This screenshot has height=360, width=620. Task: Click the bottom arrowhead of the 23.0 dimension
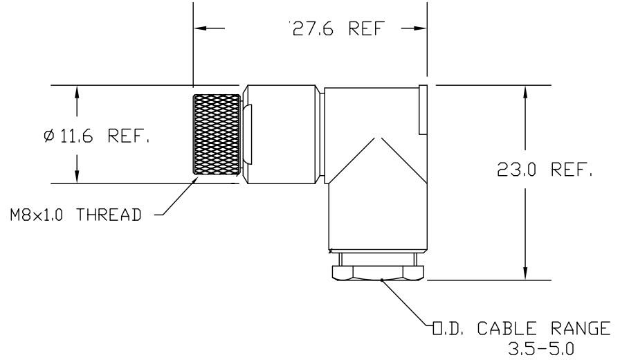[527, 274]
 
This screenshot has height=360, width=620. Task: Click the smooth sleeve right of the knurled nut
[280, 134]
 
